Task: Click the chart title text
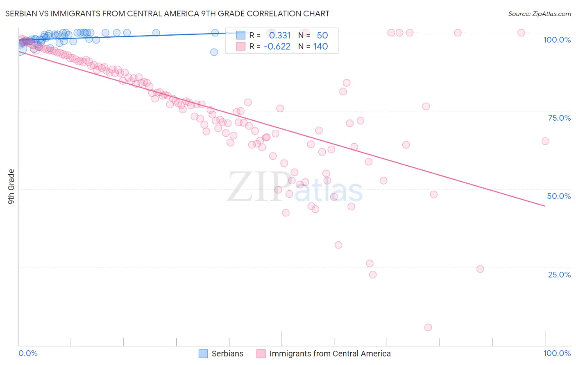pyautogui.click(x=167, y=14)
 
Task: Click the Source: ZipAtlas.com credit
pyautogui.click(x=539, y=14)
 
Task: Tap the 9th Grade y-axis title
pyautogui.click(x=11, y=186)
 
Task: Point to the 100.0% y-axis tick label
pyautogui.click(x=557, y=40)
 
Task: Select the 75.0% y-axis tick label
pyautogui.click(x=559, y=118)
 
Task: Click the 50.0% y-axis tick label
pyautogui.click(x=559, y=196)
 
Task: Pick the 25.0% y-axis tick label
pyautogui.click(x=559, y=274)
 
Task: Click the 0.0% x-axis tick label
pyautogui.click(x=28, y=353)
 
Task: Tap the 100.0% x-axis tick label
pyautogui.click(x=557, y=353)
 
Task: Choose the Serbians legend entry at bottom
pyautogui.click(x=221, y=354)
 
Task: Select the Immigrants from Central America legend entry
pyautogui.click(x=324, y=354)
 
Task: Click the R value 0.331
pyautogui.click(x=280, y=35)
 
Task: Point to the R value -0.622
pyautogui.click(x=277, y=46)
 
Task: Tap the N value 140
pyautogui.click(x=320, y=46)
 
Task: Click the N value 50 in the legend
pyautogui.click(x=322, y=35)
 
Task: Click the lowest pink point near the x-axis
pyautogui.click(x=428, y=327)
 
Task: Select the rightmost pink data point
pyautogui.click(x=545, y=141)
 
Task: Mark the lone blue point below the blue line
pyautogui.click(x=214, y=52)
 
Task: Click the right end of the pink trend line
pyautogui.click(x=545, y=206)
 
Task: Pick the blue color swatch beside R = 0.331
pyautogui.click(x=240, y=35)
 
